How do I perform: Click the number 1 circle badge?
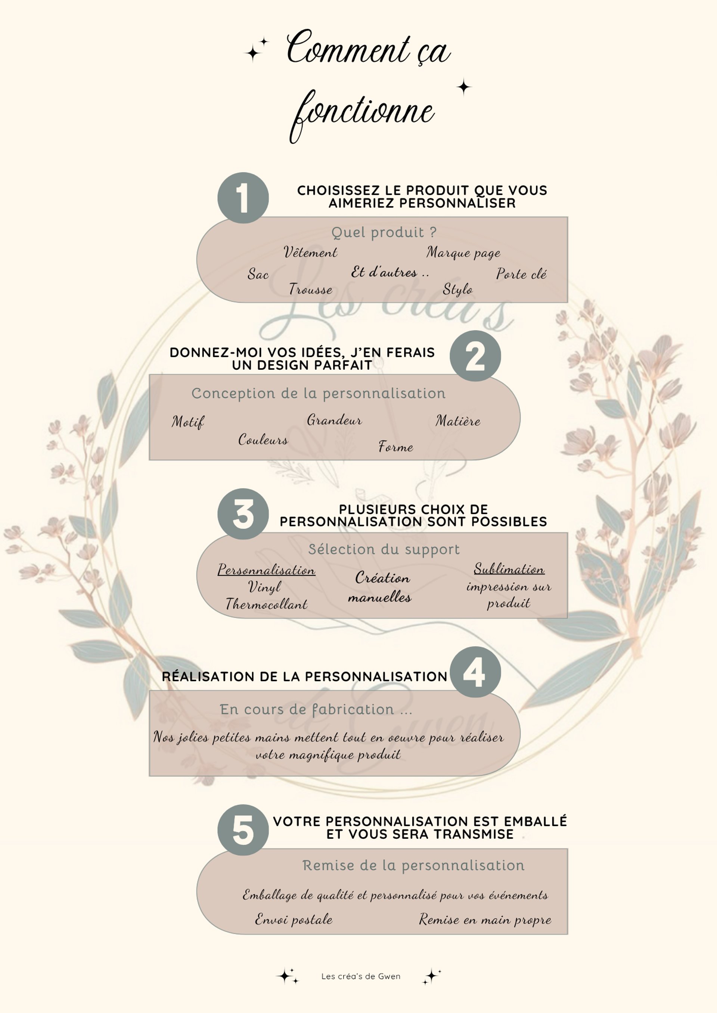click(243, 198)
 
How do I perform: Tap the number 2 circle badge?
click(475, 356)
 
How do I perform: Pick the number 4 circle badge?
click(475, 672)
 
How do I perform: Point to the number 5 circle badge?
click(243, 830)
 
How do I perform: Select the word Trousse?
click(310, 290)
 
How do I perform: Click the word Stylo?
click(457, 290)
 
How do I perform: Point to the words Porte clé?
click(521, 274)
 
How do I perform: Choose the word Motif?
click(187, 422)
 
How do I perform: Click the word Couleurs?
click(263, 440)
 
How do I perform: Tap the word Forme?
click(395, 447)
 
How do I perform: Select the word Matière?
click(458, 421)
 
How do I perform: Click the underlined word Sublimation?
click(509, 569)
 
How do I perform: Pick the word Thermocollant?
click(267, 604)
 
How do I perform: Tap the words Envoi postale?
click(294, 919)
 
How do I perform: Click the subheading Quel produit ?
click(384, 232)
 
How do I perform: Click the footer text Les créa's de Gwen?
click(361, 976)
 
